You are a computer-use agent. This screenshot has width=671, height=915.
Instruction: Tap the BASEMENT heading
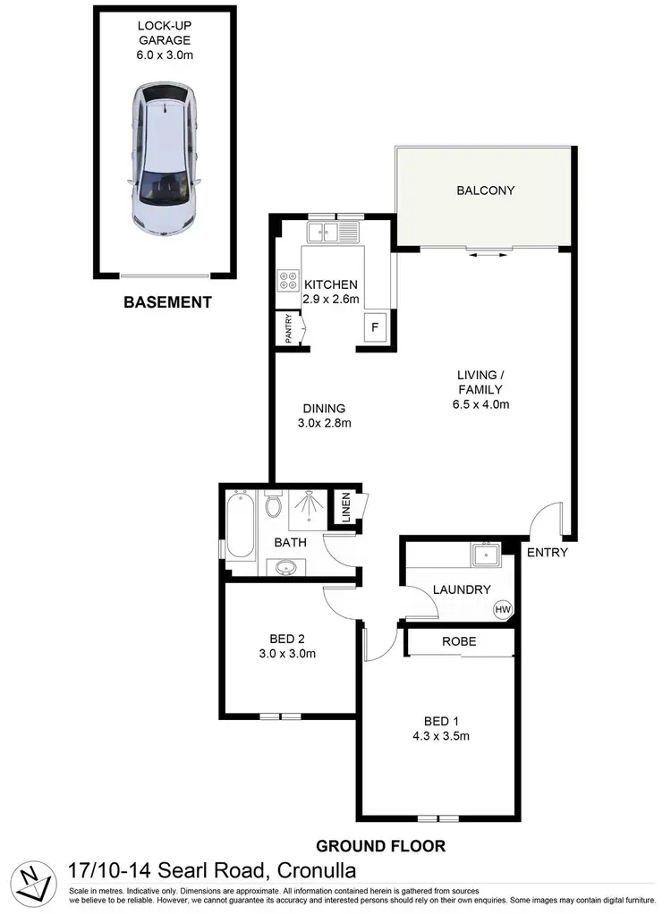[x=167, y=302]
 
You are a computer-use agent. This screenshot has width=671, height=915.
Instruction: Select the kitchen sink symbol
[x=333, y=233]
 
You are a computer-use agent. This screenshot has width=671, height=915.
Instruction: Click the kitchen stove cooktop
[x=288, y=282]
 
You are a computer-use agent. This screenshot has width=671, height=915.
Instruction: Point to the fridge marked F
[x=375, y=327]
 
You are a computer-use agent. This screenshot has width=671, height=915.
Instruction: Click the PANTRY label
[x=288, y=328]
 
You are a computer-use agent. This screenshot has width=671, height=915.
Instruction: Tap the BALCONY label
[x=485, y=190]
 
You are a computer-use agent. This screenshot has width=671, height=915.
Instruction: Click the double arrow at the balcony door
[x=485, y=255]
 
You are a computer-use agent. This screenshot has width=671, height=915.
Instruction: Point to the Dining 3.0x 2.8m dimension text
[x=324, y=424]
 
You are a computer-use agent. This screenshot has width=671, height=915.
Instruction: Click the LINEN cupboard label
[x=345, y=508]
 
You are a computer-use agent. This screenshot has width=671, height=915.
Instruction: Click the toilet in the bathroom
[x=276, y=506]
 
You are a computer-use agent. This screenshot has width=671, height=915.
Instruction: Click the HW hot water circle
[x=504, y=610]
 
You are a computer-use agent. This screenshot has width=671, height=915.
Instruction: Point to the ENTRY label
[x=547, y=553]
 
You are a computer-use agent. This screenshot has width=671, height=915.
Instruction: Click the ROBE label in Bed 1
[x=459, y=642]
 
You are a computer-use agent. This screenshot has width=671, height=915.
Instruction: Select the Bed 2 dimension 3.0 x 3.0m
[x=287, y=654]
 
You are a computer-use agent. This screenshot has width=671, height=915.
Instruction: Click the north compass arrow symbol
[x=33, y=881]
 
